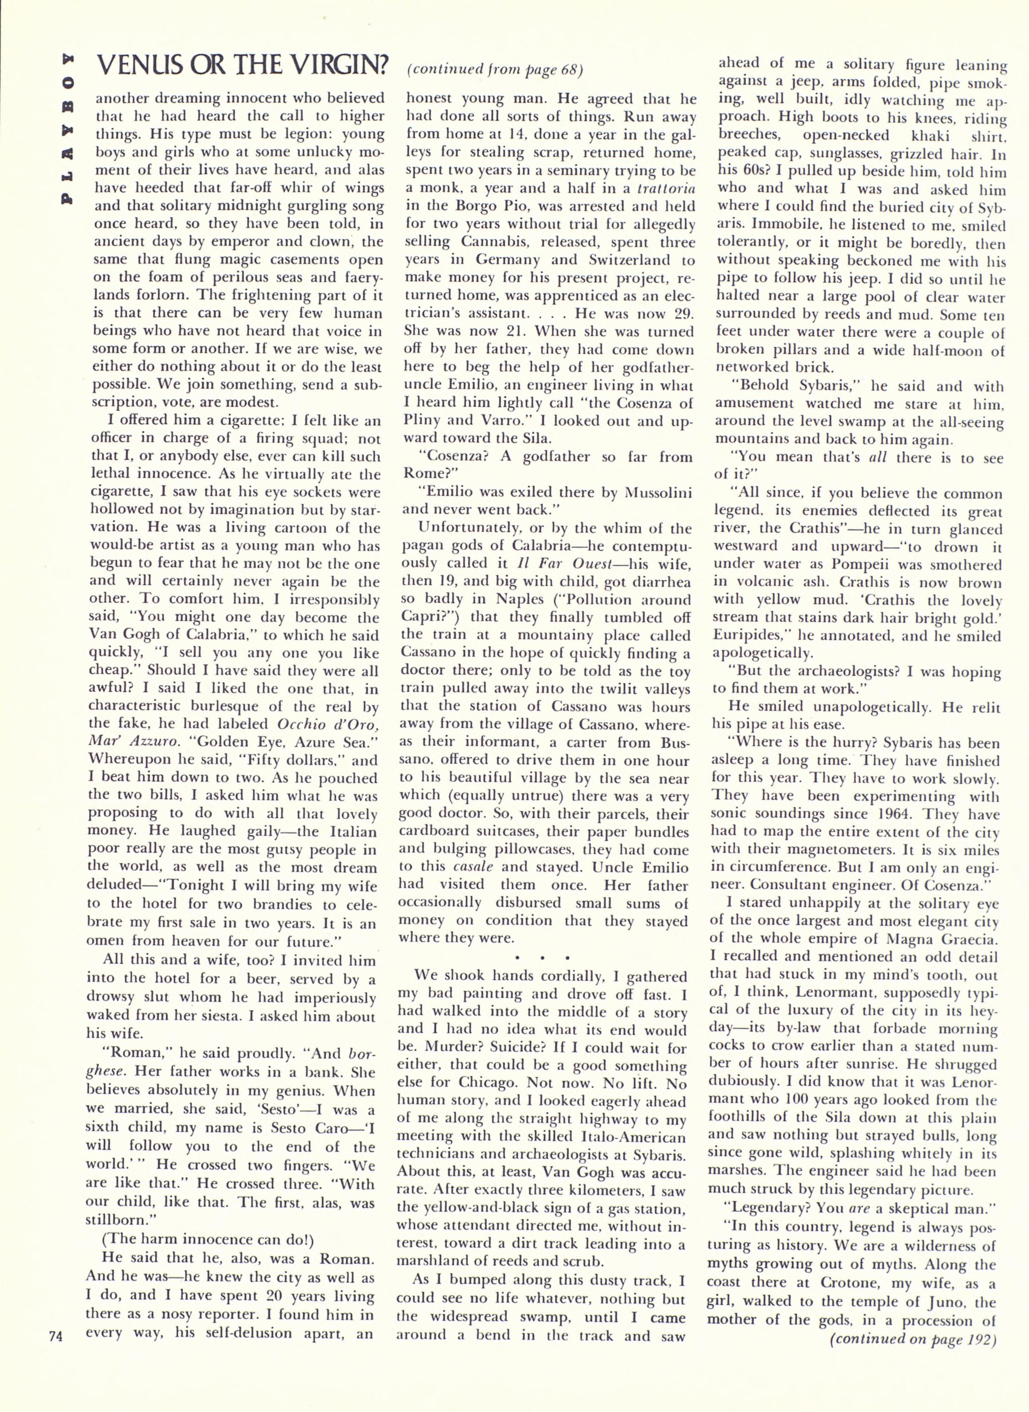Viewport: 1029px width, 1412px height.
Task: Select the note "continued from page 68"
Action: pos(495,70)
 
